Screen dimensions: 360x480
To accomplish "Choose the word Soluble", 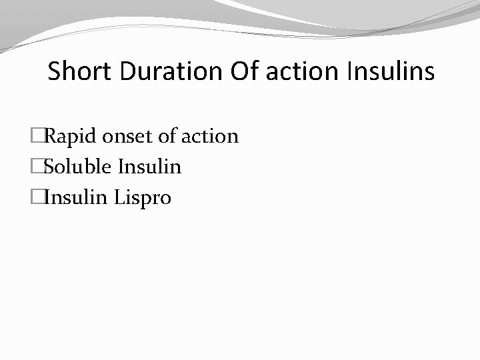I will click(77, 167).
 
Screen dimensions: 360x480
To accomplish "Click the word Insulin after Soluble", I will click(149, 167).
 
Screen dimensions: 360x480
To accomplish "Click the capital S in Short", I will click(53, 71).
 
